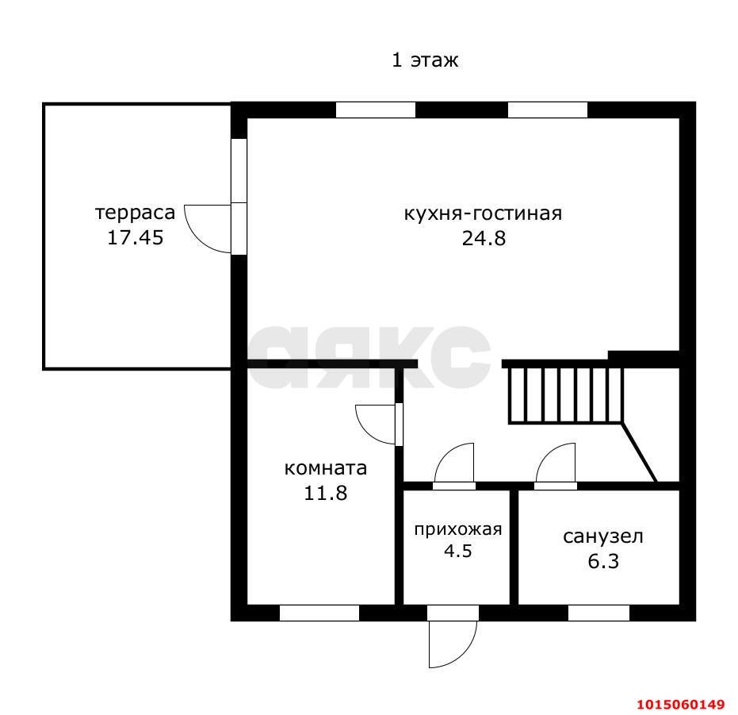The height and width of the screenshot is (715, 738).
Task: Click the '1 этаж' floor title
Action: [425, 60]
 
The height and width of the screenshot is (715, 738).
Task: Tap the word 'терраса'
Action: [136, 213]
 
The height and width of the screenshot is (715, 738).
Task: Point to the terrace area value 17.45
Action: [136, 237]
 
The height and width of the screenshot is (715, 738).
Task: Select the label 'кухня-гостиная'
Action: [484, 213]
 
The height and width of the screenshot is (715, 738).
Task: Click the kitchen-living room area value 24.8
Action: [484, 238]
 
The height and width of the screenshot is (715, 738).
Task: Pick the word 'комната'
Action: [326, 468]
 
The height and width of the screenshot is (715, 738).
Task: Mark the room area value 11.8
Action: [326, 493]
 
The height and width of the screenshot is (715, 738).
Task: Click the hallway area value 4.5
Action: [458, 551]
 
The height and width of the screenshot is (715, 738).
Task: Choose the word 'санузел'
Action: [603, 536]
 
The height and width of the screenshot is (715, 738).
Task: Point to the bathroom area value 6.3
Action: [603, 561]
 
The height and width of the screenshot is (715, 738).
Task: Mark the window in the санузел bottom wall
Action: [598, 613]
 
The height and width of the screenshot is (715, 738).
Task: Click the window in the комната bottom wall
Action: [319, 613]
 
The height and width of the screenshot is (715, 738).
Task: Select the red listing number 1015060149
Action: [681, 705]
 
